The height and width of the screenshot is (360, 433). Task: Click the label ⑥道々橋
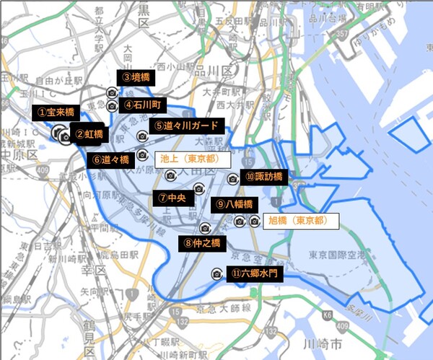click(x=110, y=159)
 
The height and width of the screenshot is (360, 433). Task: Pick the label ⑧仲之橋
click(x=203, y=242)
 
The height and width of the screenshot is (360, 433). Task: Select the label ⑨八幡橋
click(x=233, y=204)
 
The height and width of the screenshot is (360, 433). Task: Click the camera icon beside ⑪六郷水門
click(x=216, y=274)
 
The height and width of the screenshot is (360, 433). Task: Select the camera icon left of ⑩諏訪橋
click(x=232, y=179)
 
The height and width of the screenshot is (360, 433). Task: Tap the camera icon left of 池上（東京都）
click(x=142, y=155)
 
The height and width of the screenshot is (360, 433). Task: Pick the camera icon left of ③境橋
click(x=112, y=93)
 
